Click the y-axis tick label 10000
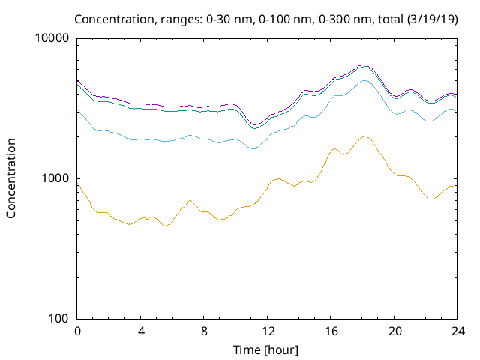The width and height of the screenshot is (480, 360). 53,39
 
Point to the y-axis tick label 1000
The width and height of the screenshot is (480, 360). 56,178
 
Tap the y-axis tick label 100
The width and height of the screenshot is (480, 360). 59,318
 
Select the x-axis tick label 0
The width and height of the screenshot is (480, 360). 77,331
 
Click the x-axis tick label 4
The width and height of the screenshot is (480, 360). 141,331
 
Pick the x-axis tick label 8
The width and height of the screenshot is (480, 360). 204,331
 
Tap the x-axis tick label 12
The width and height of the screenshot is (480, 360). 267,331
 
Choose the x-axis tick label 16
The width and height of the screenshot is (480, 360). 330,331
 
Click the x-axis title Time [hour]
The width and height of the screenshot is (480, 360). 267,349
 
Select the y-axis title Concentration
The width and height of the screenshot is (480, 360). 11,178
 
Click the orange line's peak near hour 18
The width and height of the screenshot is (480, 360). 364,136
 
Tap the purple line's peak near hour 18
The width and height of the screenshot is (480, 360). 364,64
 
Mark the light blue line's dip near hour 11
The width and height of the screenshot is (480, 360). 253,148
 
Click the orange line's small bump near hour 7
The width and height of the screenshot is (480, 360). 190,201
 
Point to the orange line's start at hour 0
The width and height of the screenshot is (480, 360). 78,184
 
